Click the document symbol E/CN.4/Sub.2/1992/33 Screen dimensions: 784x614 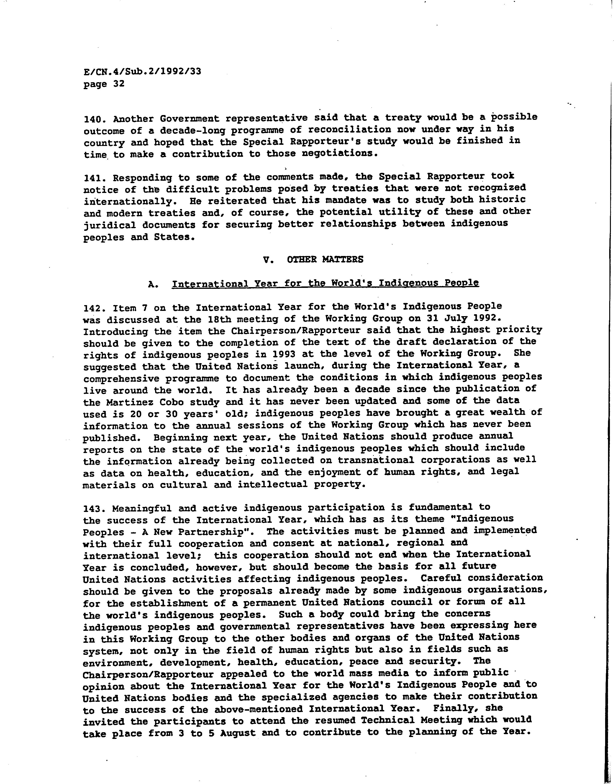point(142,71)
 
